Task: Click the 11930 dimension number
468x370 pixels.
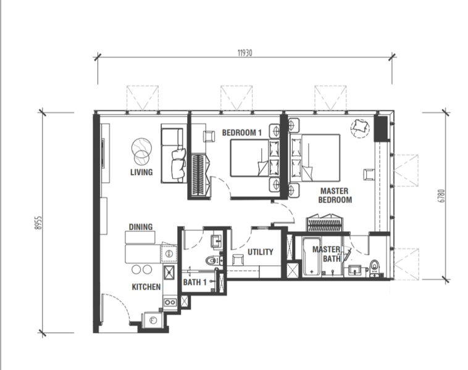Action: [244, 53]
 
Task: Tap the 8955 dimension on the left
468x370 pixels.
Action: [38, 223]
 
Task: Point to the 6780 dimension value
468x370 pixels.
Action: [441, 196]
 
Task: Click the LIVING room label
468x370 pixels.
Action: [141, 172]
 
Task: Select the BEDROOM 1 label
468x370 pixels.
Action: [242, 133]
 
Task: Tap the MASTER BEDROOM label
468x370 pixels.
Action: [335, 195]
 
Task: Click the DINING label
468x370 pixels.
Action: [141, 227]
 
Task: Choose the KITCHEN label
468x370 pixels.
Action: [146, 287]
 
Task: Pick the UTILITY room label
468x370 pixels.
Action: [261, 252]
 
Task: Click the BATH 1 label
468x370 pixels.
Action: [194, 282]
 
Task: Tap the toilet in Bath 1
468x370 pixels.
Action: [213, 261]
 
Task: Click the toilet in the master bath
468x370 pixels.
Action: [374, 268]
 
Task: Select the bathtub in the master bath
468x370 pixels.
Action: [312, 257]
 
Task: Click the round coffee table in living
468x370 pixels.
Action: [141, 151]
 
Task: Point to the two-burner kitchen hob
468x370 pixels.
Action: [170, 302]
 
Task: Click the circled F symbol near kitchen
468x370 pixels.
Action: [153, 321]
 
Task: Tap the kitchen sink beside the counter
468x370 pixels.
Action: [169, 273]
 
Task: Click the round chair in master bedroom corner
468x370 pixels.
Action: [360, 128]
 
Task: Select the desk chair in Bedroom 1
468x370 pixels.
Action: [209, 136]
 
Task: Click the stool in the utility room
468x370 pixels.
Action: [238, 260]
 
